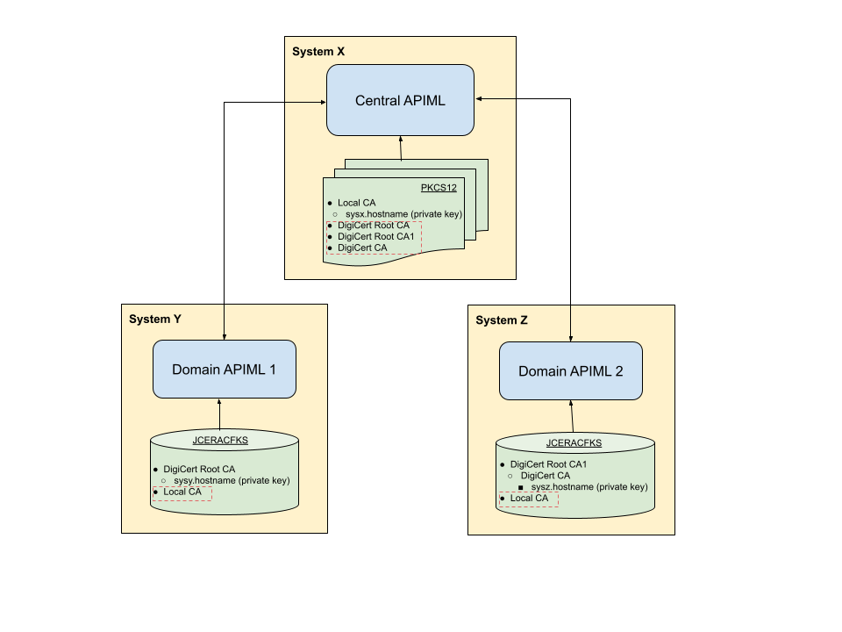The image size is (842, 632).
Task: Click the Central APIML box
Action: pyautogui.click(x=400, y=100)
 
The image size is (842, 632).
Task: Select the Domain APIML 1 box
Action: pyautogui.click(x=224, y=370)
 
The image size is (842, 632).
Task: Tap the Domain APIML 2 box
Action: pyautogui.click(x=570, y=371)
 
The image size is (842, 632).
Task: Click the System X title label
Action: pyautogui.click(x=318, y=52)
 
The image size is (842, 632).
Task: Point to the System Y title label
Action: pyautogui.click(x=155, y=319)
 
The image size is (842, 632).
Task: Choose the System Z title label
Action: pyautogui.click(x=502, y=320)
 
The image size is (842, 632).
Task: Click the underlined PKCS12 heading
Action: pyautogui.click(x=439, y=188)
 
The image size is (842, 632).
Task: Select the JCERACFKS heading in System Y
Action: pyautogui.click(x=220, y=441)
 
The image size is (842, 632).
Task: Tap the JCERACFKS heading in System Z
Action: pyautogui.click(x=574, y=443)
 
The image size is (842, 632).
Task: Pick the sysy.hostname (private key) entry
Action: pyautogui.click(x=232, y=480)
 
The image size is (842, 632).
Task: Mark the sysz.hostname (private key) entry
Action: pyautogui.click(x=589, y=486)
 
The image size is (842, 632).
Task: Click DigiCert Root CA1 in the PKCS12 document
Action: pyautogui.click(x=375, y=236)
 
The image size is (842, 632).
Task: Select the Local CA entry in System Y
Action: pyautogui.click(x=182, y=492)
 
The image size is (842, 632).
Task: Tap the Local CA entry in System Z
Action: pyautogui.click(x=529, y=499)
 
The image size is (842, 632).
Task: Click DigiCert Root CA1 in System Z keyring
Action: pyautogui.click(x=548, y=464)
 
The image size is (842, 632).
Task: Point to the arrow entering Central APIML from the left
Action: pyautogui.click(x=305, y=102)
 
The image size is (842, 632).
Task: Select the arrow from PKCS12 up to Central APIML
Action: pyautogui.click(x=401, y=148)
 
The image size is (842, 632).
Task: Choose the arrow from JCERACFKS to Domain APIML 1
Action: pyautogui.click(x=219, y=413)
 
